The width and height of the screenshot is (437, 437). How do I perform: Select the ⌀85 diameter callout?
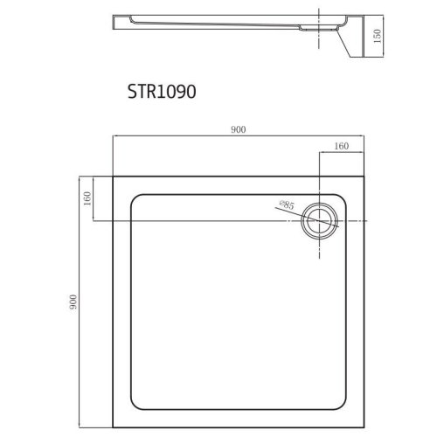click(286, 206)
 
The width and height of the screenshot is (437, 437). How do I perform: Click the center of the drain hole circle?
click(315, 221)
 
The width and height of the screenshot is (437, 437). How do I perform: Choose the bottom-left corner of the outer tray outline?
click(114, 427)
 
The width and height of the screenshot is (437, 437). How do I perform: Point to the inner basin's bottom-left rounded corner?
click(135, 406)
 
